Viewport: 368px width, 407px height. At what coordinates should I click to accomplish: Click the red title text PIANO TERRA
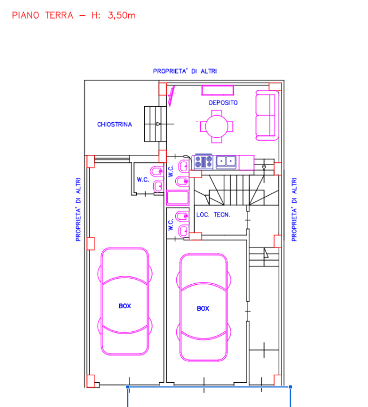(42, 15)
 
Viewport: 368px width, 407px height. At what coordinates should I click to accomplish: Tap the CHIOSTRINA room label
(114, 124)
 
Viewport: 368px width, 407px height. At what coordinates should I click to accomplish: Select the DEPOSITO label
(223, 103)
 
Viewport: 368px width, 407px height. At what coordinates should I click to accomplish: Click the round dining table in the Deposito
(217, 127)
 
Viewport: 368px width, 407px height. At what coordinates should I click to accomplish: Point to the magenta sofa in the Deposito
(267, 115)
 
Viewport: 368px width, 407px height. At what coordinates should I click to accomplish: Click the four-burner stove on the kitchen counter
(204, 162)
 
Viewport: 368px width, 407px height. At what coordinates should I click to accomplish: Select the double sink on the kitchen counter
(226, 162)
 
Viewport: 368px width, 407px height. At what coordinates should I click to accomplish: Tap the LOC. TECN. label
(213, 215)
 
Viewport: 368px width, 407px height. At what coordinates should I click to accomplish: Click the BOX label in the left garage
(125, 306)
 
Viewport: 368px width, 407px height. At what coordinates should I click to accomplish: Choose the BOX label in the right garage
(203, 309)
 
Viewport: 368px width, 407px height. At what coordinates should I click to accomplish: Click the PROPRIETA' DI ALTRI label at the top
(185, 71)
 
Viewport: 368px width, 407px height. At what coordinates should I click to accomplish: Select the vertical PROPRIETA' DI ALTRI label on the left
(78, 210)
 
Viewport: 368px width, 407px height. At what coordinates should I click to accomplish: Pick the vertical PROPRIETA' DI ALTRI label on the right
(294, 210)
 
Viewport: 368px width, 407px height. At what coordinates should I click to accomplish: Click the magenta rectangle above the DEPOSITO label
(218, 90)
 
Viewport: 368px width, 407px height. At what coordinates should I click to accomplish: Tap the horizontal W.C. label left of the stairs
(143, 180)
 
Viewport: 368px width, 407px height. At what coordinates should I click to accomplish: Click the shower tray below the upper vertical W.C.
(177, 197)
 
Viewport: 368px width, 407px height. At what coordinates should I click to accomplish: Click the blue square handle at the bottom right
(291, 387)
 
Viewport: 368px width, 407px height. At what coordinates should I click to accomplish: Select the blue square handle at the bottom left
(128, 387)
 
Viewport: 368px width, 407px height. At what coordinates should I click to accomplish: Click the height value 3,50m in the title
(122, 16)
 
